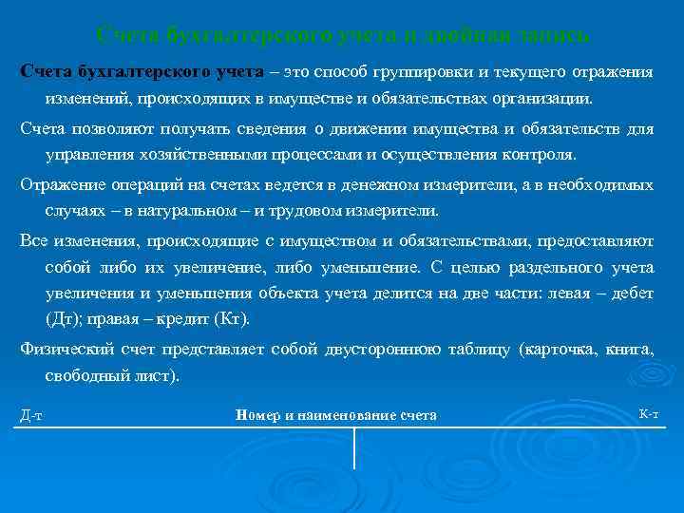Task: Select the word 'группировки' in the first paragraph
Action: click(423, 73)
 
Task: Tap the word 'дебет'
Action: click(633, 294)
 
